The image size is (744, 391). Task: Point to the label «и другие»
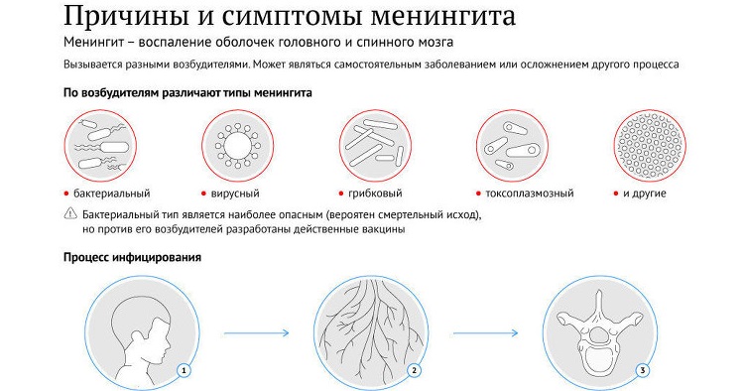[645, 194]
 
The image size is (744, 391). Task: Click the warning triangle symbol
[69, 213]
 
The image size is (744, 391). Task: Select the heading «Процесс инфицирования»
[133, 258]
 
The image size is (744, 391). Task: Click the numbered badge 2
[414, 371]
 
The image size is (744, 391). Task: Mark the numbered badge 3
[643, 371]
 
